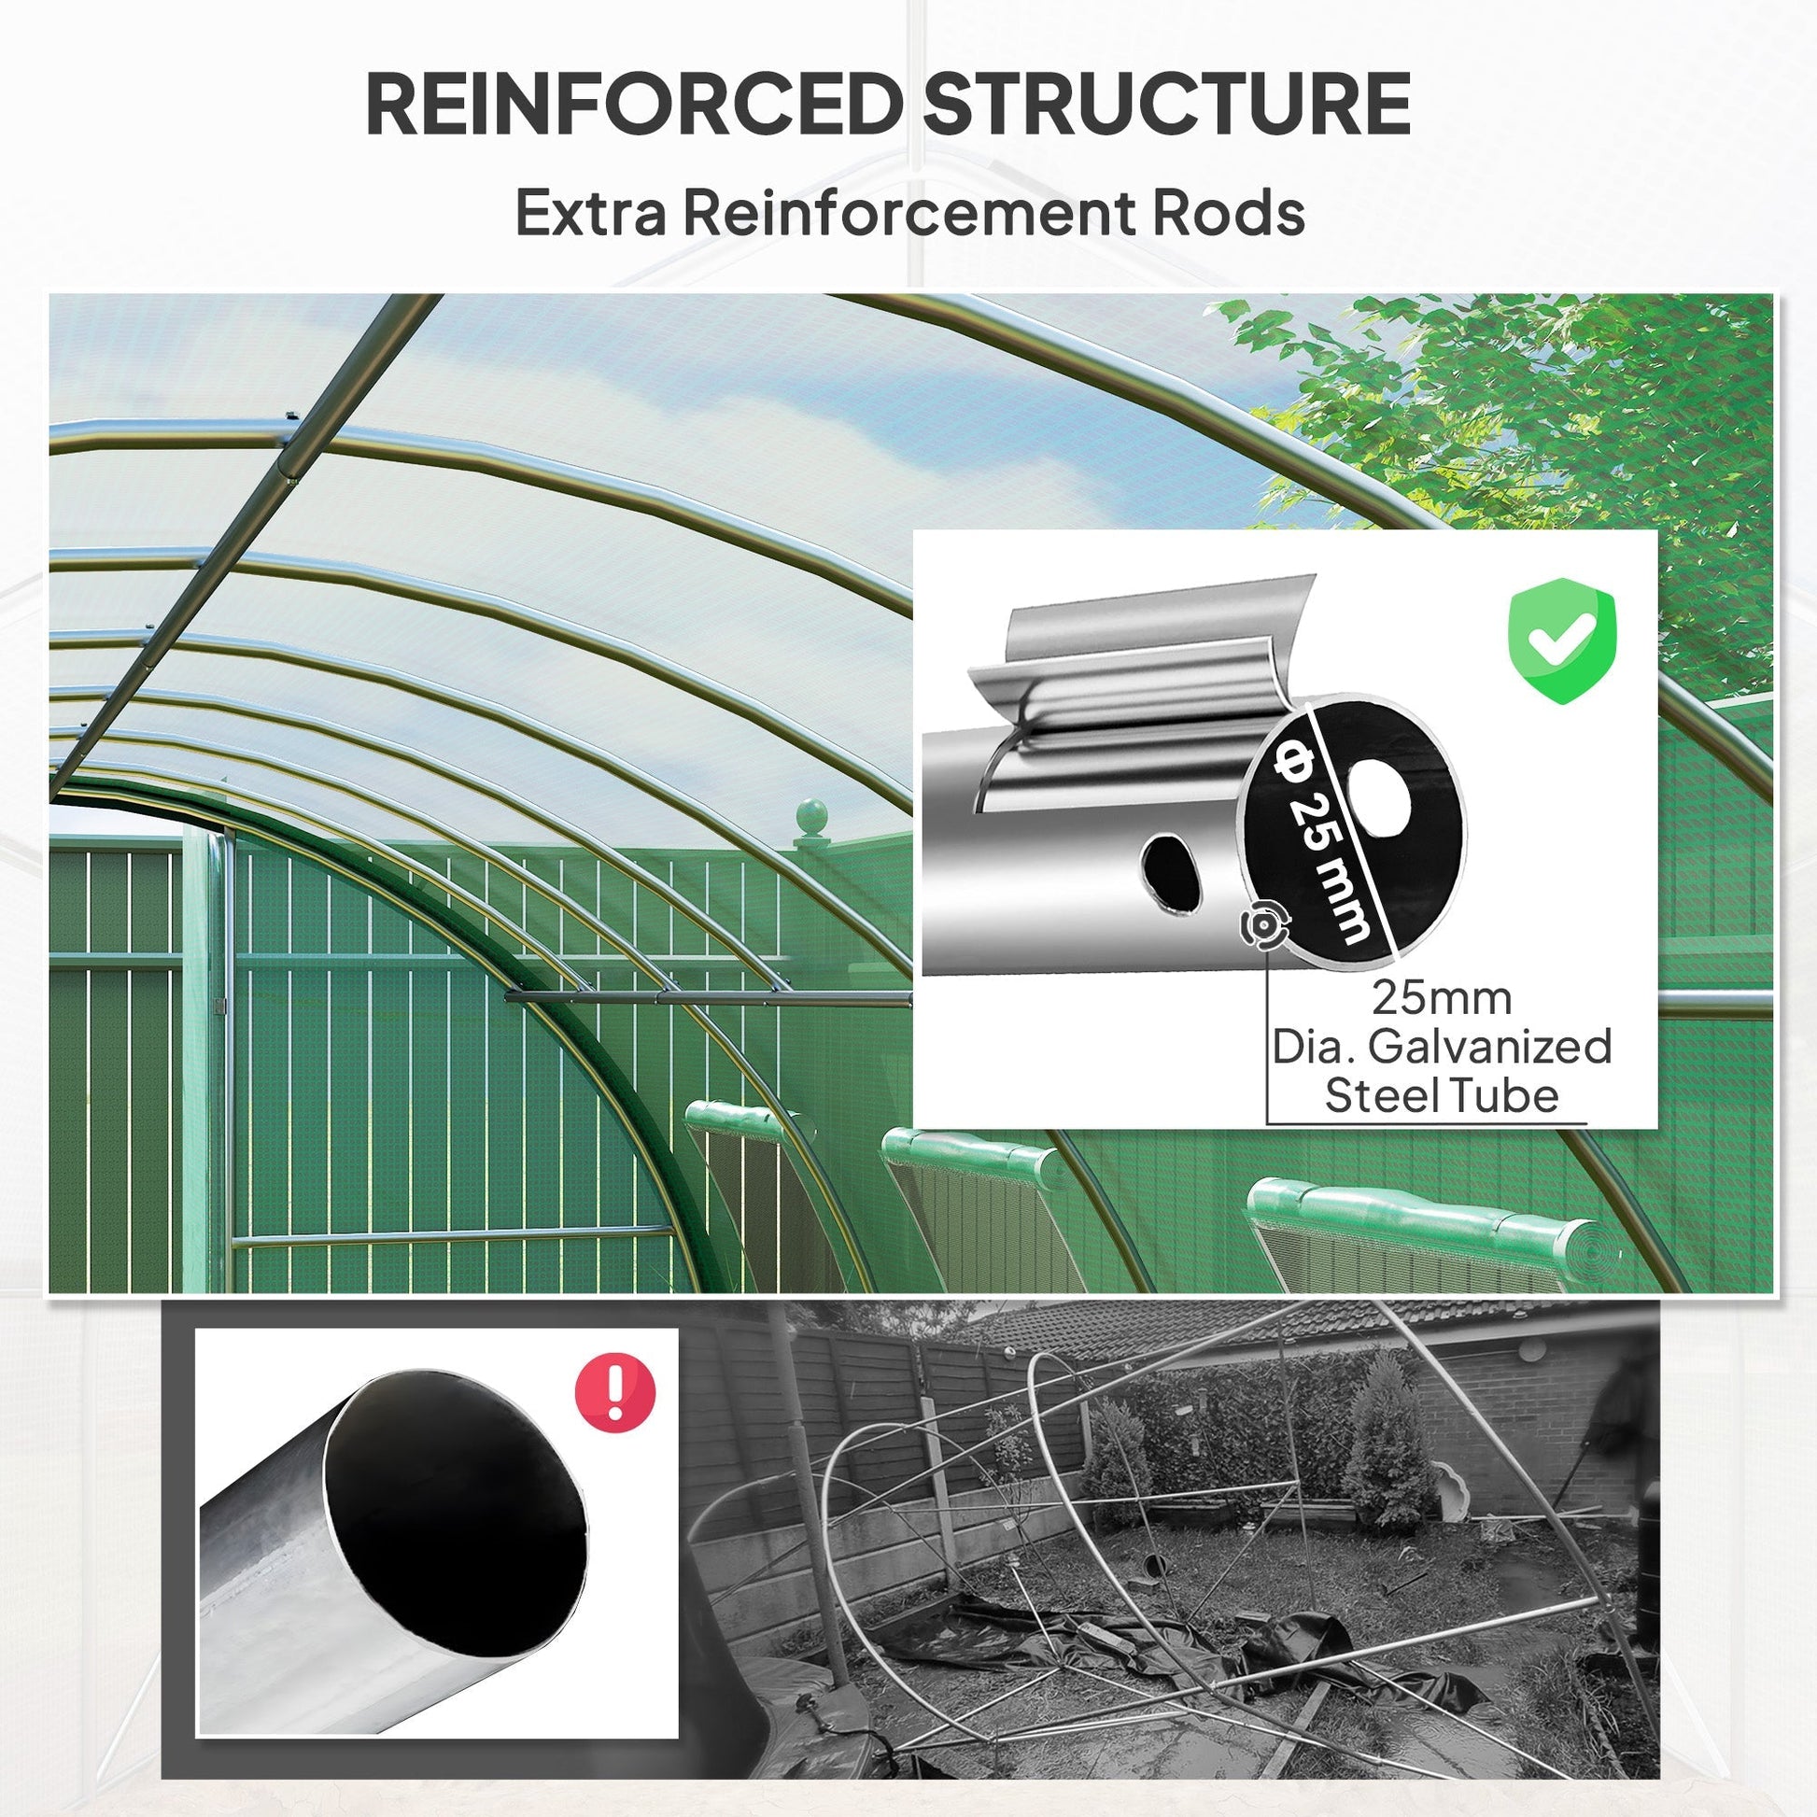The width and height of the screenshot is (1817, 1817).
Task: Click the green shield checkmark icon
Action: click(1562, 640)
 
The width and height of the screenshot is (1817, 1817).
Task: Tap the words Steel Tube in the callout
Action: click(1441, 1095)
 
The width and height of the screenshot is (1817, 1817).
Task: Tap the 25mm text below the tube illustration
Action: click(1441, 998)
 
